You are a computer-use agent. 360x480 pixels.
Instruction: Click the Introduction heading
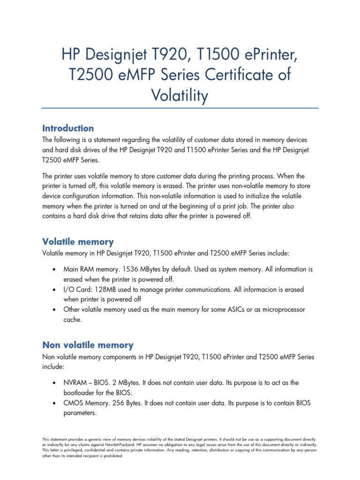(x=68, y=128)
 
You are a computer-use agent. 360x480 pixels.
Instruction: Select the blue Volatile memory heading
(x=78, y=242)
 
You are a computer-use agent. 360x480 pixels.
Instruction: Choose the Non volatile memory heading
(x=88, y=345)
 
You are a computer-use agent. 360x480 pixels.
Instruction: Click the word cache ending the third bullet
(x=72, y=320)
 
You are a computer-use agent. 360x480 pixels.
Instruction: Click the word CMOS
(x=75, y=403)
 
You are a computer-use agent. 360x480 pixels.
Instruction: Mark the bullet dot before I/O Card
(x=55, y=290)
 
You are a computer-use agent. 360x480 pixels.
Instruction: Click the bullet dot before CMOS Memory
(x=55, y=404)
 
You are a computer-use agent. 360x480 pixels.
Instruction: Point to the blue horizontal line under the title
(x=180, y=109)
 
